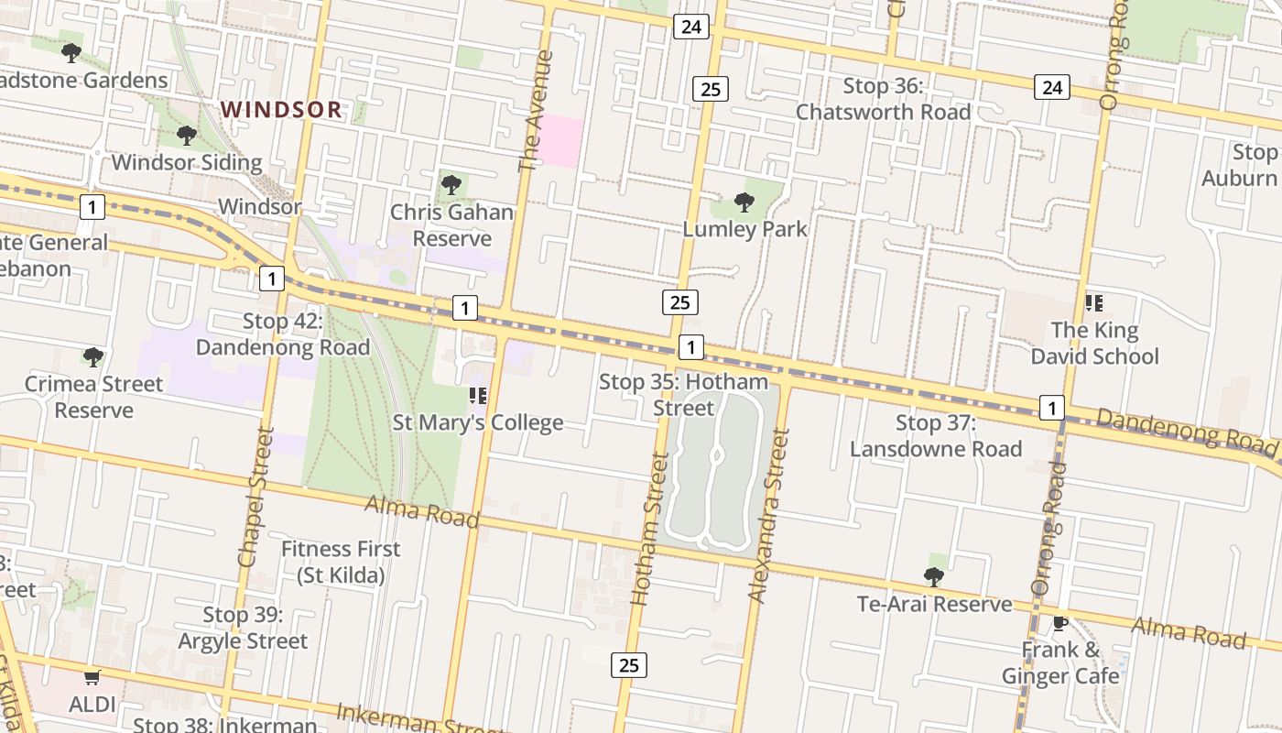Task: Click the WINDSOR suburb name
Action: pos(281,110)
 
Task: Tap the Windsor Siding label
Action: pos(187,163)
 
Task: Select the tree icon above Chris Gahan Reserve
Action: pos(451,185)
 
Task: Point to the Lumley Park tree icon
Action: pos(744,202)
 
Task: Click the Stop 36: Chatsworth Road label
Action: pos(883,99)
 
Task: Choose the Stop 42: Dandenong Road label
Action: pos(282,334)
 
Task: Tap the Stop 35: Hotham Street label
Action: pos(683,394)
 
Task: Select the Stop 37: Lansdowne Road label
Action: pos(935,435)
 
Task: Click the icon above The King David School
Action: pos(1093,302)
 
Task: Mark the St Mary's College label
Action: pos(477,422)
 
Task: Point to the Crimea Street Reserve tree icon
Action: pos(92,356)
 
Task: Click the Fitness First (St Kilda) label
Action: pos(340,562)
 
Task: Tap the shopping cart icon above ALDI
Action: pos(92,678)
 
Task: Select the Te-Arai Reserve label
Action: pos(934,604)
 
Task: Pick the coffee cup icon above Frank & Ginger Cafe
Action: pos(1059,623)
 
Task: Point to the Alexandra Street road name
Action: pos(768,518)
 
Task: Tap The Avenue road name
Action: pos(537,111)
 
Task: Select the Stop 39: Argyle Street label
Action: pos(243,628)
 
